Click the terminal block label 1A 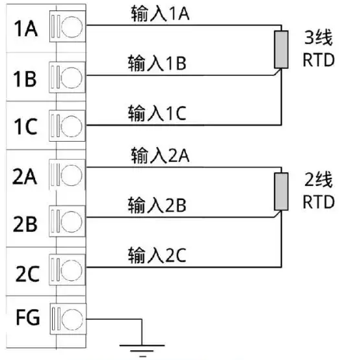26,29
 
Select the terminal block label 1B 25,79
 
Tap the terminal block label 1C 25,126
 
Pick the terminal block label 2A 25,177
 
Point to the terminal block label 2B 25,224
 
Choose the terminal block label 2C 27,274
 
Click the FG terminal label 28,317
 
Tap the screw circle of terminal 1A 72,27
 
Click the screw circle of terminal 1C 72,126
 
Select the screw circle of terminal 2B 72,222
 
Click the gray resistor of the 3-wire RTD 281,49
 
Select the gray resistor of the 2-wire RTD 281,192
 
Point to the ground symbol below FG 142,350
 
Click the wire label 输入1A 160,14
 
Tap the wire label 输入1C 157,113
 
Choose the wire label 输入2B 157,205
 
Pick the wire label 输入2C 157,255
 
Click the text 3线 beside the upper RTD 319,38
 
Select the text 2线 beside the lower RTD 319,179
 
